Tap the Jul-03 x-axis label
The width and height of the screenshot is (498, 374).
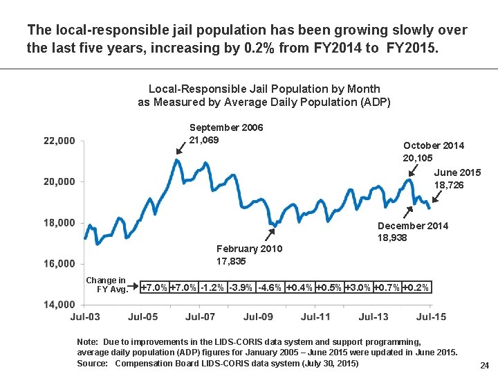pyautogui.click(x=85, y=317)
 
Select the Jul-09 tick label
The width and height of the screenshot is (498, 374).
pyautogui.click(x=258, y=317)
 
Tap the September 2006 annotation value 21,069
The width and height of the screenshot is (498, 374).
pyautogui.click(x=204, y=141)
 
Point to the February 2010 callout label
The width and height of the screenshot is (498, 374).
pyautogui.click(x=249, y=249)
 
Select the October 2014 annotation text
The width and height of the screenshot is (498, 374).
pyautogui.click(x=434, y=145)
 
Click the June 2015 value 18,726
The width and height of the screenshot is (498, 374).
pyautogui.click(x=449, y=186)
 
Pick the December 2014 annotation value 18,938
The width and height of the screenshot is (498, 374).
pyautogui.click(x=392, y=238)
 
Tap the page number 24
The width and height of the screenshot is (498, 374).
pyautogui.click(x=484, y=365)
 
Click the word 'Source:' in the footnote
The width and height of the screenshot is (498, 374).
pyautogui.click(x=93, y=363)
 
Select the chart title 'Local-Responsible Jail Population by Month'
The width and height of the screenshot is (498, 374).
pyautogui.click(x=264, y=89)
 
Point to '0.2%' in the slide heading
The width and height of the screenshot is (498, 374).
pyautogui.click(x=286, y=48)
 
